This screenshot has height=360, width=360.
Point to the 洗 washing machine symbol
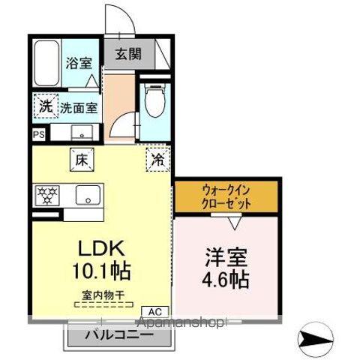point(46,106)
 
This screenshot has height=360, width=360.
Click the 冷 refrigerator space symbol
point(158,158)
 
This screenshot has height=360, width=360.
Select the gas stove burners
point(49,196)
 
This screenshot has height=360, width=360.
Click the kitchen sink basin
point(87,196)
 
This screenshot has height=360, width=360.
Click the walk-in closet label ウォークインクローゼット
point(226,198)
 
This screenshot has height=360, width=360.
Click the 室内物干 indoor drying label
point(102,295)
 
